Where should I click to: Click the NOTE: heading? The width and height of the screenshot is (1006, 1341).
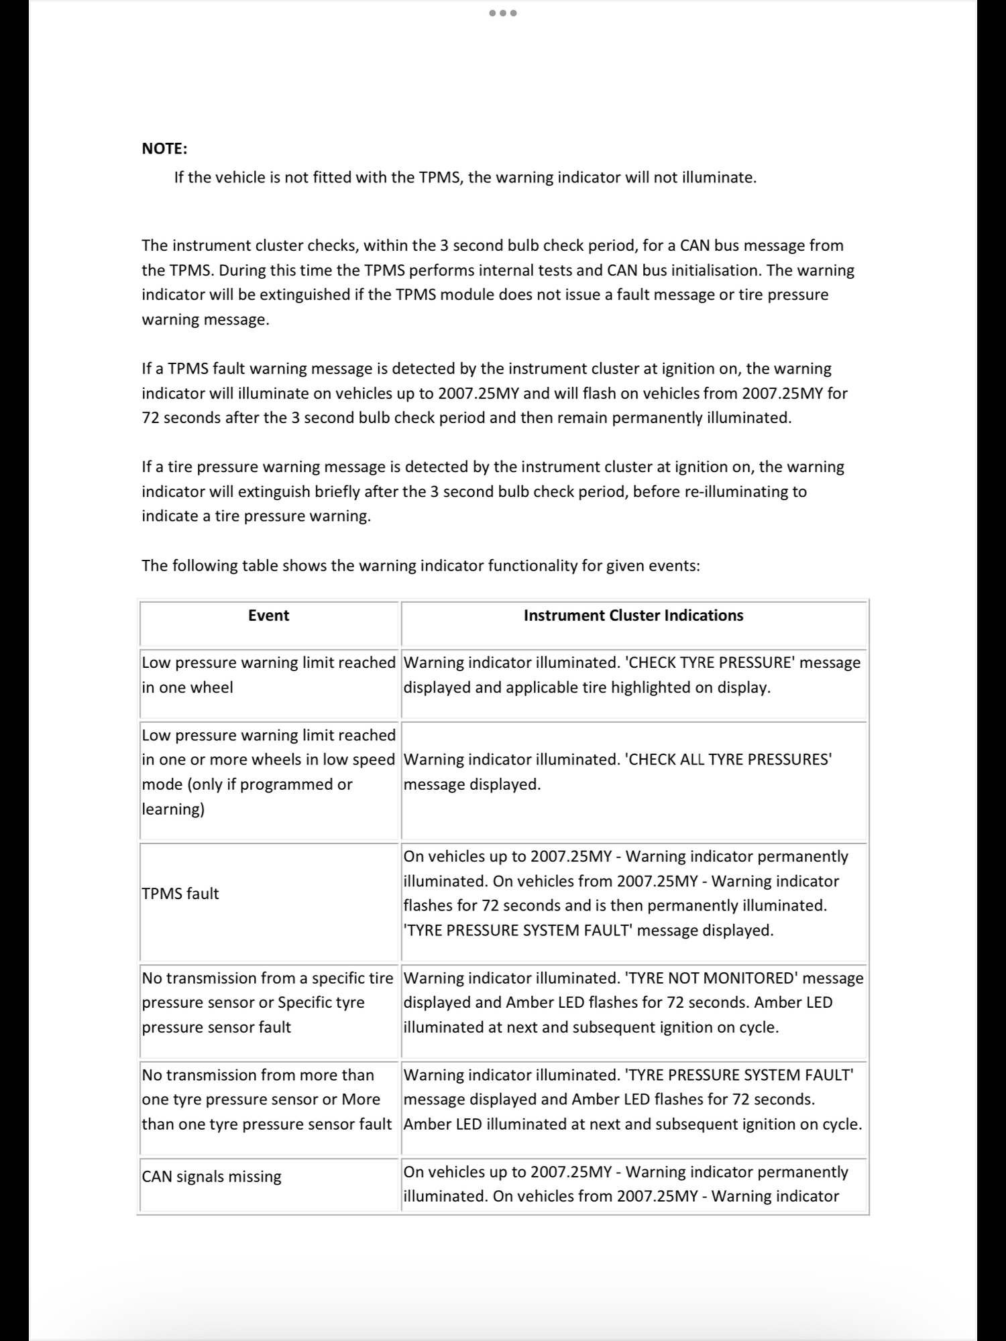click(x=164, y=149)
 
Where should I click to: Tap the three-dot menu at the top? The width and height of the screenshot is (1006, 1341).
click(x=503, y=13)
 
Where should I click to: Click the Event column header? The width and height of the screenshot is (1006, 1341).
click(x=268, y=616)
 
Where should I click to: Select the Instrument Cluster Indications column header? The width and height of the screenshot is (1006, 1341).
click(x=633, y=616)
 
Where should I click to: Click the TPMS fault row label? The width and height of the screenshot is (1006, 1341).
click(x=180, y=894)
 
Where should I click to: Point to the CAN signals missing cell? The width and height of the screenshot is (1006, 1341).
click(x=211, y=1177)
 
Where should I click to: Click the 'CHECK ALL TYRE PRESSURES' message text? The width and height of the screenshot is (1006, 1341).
click(x=728, y=760)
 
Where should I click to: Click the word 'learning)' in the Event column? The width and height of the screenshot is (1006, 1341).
click(x=173, y=809)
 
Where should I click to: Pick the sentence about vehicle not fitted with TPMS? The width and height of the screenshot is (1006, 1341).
click(x=465, y=178)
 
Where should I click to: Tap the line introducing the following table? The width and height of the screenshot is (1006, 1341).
click(x=421, y=566)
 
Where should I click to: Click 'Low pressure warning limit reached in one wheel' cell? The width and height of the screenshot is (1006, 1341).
click(x=268, y=675)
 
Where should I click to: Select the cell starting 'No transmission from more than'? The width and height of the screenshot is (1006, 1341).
click(x=267, y=1100)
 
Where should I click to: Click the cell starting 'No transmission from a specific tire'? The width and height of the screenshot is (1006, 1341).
click(x=267, y=1002)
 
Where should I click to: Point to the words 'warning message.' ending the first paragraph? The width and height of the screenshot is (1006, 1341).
click(x=205, y=320)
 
